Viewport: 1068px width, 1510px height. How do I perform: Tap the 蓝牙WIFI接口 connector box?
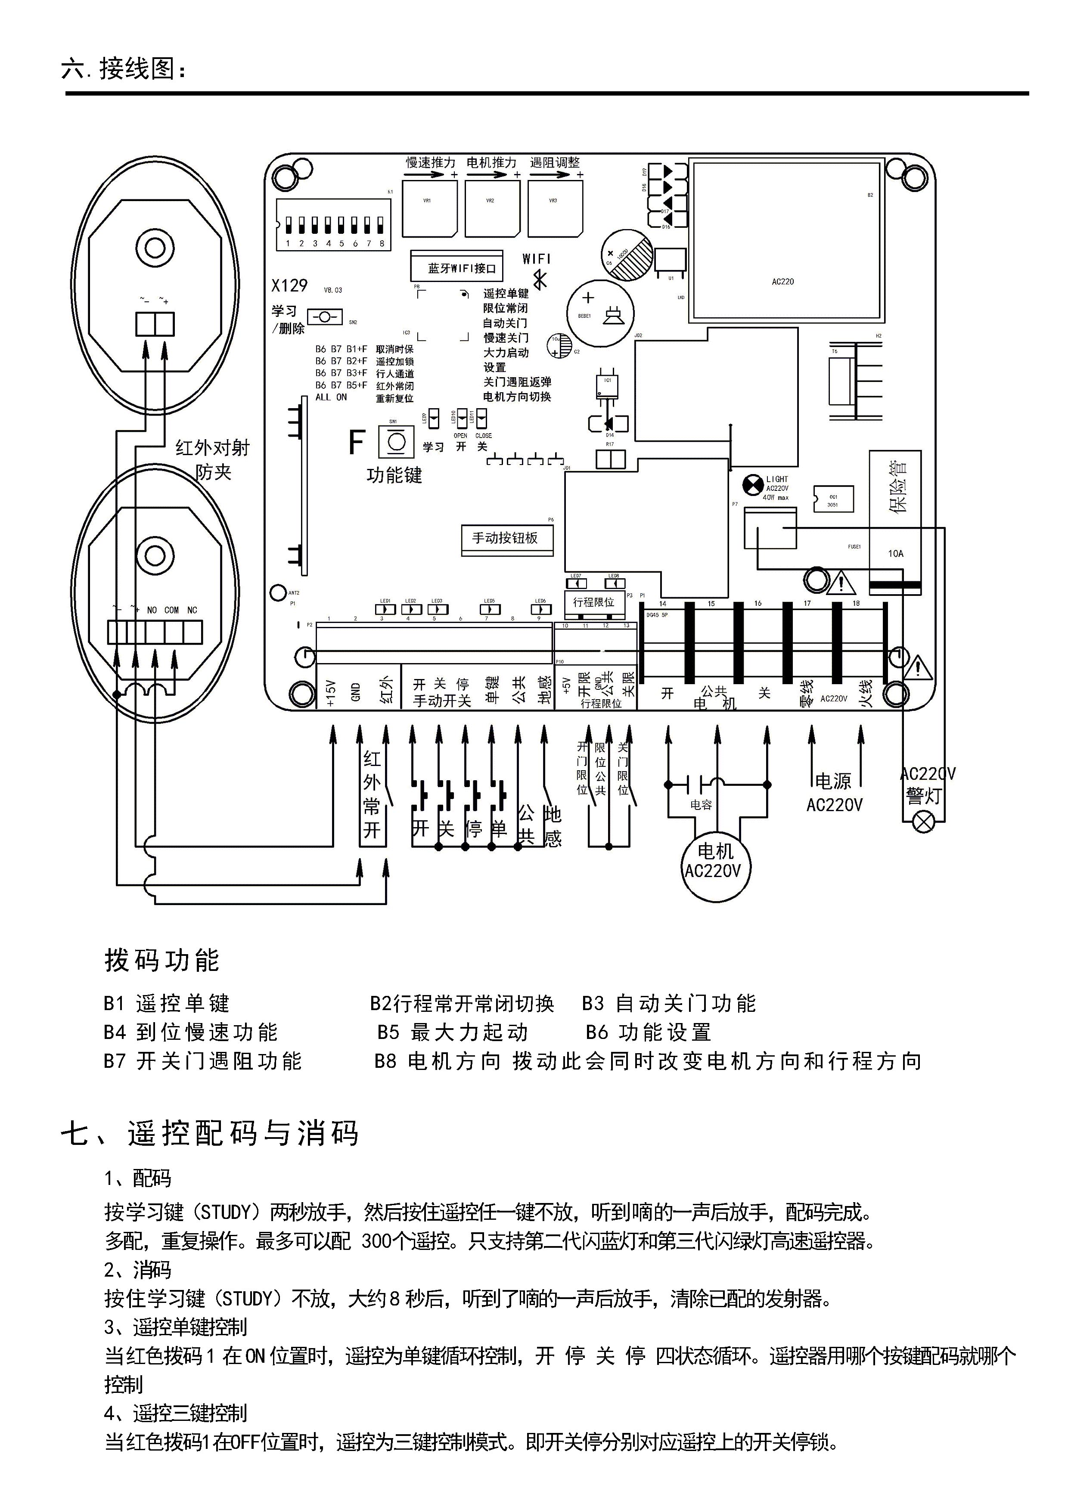point(456,268)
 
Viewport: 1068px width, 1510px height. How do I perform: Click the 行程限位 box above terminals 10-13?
point(593,602)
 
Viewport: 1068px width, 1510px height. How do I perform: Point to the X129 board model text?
point(289,286)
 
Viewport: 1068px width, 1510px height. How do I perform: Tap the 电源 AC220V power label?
point(834,793)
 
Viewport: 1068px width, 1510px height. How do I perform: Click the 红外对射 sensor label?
point(212,449)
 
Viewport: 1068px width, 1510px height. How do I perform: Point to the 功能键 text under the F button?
point(394,475)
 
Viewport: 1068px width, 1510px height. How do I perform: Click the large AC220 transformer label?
point(782,282)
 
